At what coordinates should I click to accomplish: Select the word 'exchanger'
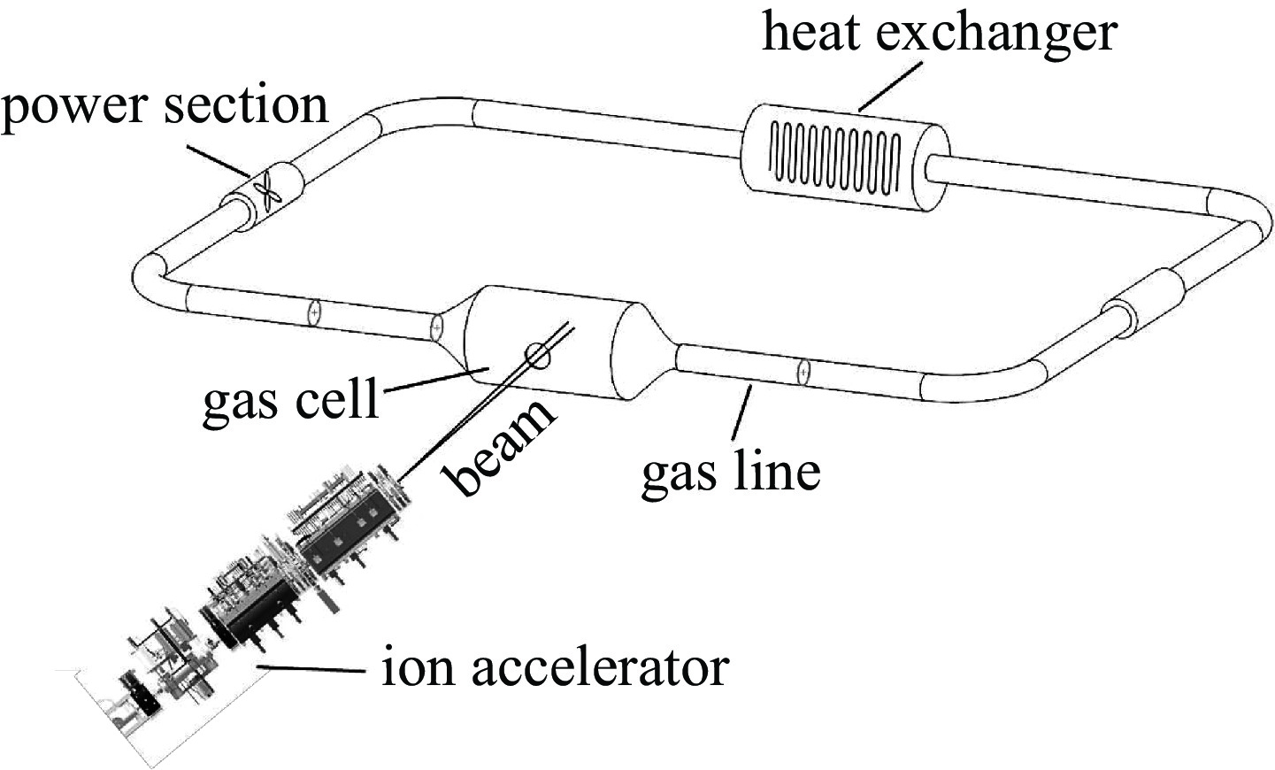[1001, 34]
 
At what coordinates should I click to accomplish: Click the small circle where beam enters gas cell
[538, 355]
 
